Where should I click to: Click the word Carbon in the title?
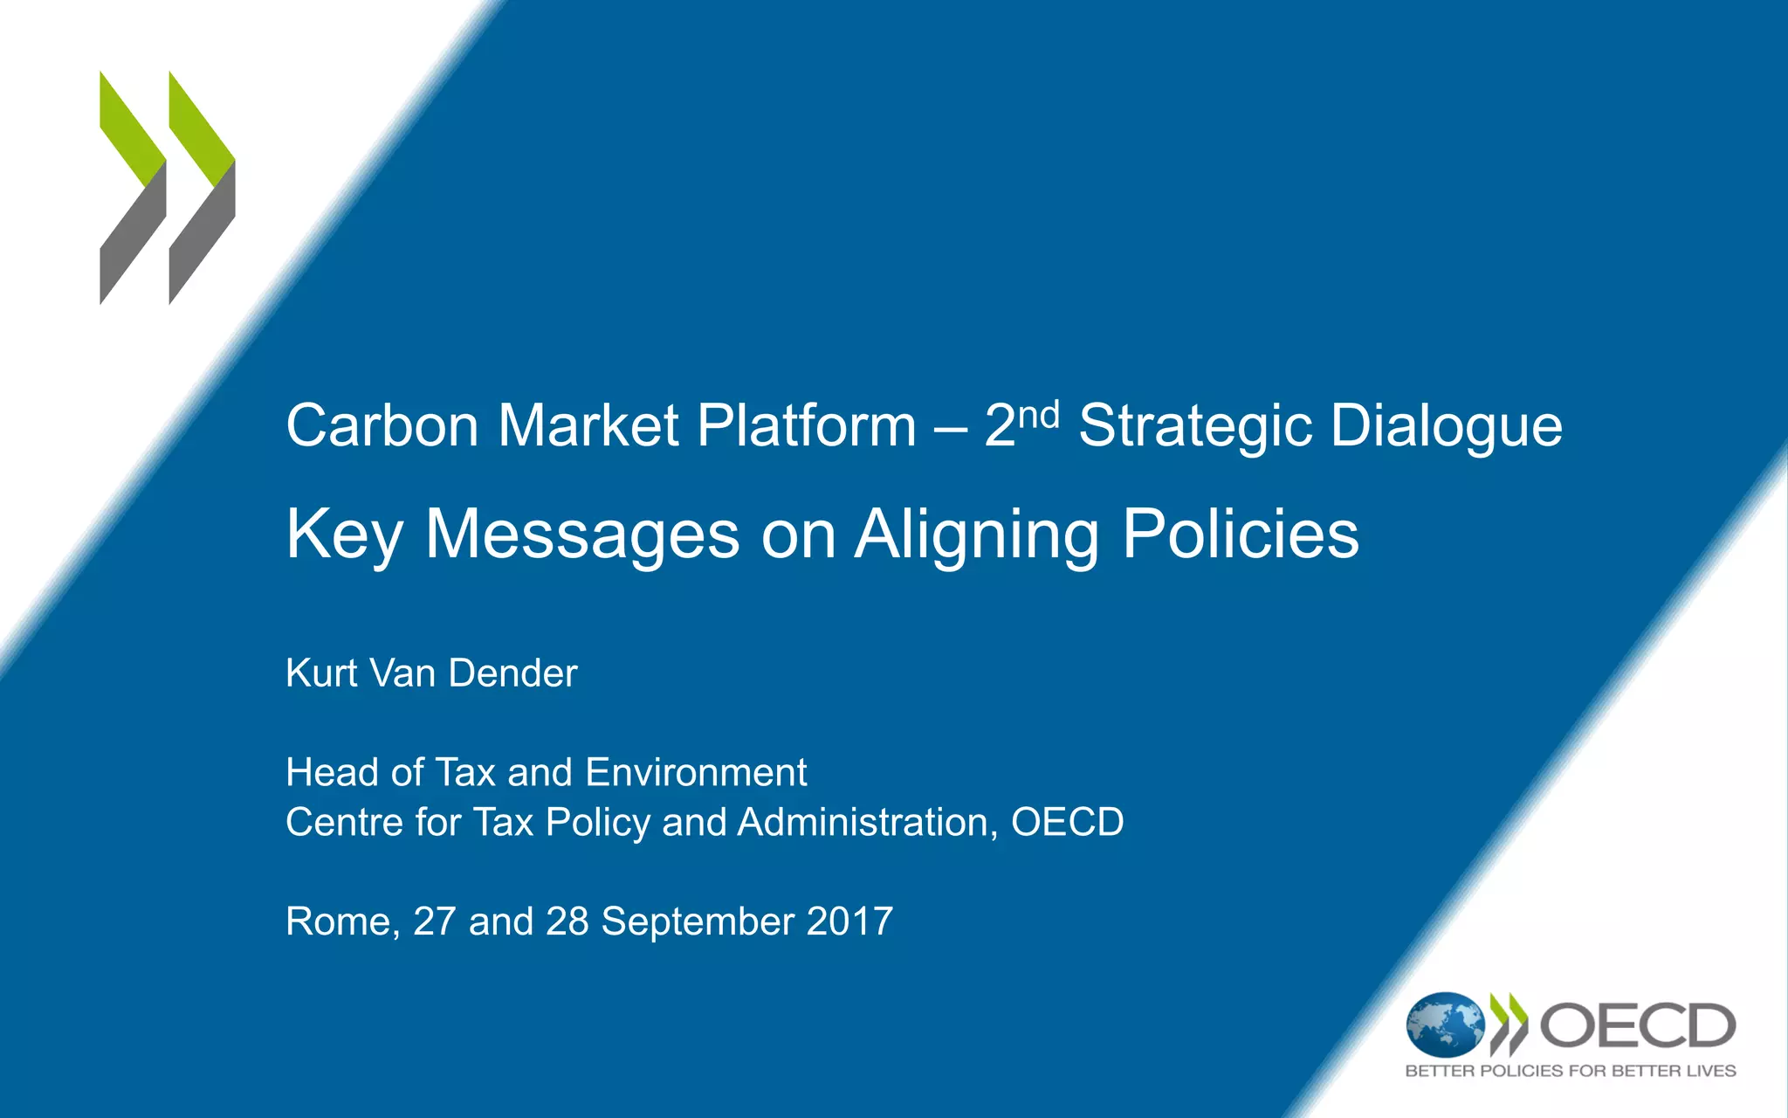382,426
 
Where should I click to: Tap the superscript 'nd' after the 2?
1038,415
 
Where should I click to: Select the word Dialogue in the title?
1447,428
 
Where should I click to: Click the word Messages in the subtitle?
582,535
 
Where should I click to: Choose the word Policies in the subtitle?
1241,535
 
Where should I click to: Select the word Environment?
696,773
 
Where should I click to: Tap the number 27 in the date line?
434,921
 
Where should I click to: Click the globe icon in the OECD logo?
1444,1025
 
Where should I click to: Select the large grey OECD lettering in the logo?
1637,1025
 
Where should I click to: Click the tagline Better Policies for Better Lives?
1570,1071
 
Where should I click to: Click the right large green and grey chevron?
202,188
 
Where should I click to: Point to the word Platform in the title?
806,426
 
